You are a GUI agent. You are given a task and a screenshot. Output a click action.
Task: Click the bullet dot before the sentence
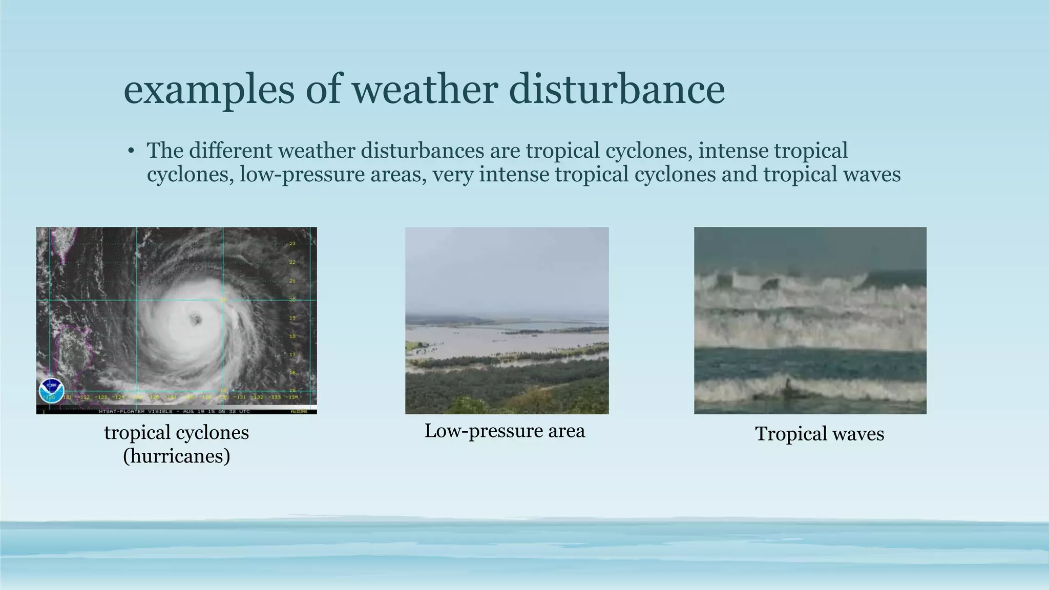pyautogui.click(x=131, y=151)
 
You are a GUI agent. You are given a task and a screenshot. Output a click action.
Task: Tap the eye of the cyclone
pyautogui.click(x=195, y=320)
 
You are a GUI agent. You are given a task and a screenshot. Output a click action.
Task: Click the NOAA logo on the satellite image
pyautogui.click(x=51, y=390)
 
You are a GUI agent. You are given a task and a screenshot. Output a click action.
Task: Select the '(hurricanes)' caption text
pyautogui.click(x=176, y=455)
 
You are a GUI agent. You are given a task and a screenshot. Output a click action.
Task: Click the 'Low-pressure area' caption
pyautogui.click(x=505, y=431)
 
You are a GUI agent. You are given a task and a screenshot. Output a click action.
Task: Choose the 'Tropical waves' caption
pyautogui.click(x=820, y=434)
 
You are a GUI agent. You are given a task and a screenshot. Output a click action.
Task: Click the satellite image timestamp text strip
pyautogui.click(x=174, y=411)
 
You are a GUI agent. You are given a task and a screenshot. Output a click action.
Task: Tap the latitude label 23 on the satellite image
pyautogui.click(x=292, y=244)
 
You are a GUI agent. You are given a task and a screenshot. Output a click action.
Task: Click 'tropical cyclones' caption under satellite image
pyautogui.click(x=176, y=433)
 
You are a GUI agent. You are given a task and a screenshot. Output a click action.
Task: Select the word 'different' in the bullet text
pyautogui.click(x=232, y=151)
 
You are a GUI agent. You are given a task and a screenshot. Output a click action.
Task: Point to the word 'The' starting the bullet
pyautogui.click(x=165, y=151)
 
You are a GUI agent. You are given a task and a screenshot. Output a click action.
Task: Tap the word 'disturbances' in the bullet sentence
pyautogui.click(x=422, y=151)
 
